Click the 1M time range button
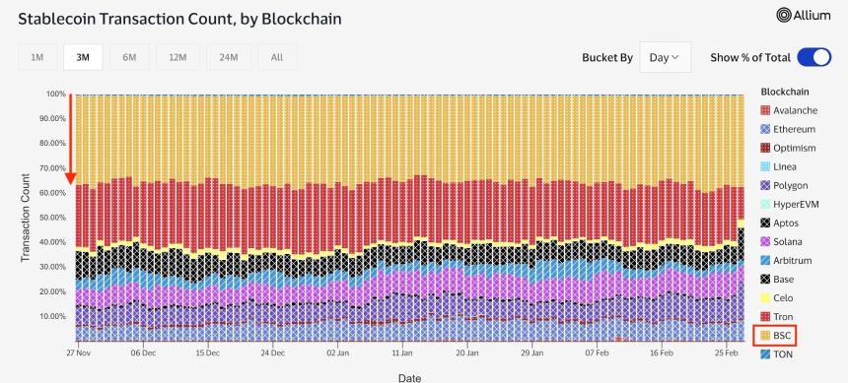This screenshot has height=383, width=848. [36, 57]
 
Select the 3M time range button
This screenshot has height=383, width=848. [83, 57]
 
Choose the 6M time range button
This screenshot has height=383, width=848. [129, 57]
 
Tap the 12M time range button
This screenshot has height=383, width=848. [177, 57]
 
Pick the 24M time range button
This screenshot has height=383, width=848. [228, 57]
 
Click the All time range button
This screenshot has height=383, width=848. [276, 57]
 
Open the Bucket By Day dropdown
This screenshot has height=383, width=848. [665, 57]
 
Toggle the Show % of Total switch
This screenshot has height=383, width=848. [813, 57]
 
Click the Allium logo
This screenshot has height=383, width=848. [811, 15]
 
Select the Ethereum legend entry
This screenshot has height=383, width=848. [794, 129]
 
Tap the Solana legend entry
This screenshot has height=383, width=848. [791, 241]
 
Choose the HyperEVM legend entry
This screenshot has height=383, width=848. [796, 204]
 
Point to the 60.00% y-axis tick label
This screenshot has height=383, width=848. [51, 193]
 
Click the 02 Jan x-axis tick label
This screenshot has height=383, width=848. [337, 351]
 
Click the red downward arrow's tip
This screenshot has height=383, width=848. [71, 182]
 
